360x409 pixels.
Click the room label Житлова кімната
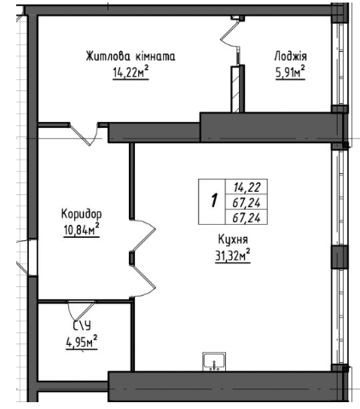tap(131, 56)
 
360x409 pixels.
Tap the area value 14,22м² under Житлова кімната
tap(131, 72)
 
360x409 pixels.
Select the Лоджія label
tap(291, 56)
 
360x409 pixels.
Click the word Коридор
tap(81, 214)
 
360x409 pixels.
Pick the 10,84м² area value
tap(82, 229)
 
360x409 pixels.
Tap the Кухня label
tap(233, 239)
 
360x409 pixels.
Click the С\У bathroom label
tap(83, 326)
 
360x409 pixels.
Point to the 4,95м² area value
tap(82, 342)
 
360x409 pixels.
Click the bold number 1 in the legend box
tap(214, 201)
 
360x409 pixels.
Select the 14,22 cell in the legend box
tap(247, 187)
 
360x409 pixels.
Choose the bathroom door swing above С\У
tap(81, 310)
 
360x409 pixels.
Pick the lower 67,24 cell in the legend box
tap(247, 218)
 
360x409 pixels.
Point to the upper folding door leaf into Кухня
tap(142, 235)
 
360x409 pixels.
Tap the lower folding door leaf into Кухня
tap(142, 280)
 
